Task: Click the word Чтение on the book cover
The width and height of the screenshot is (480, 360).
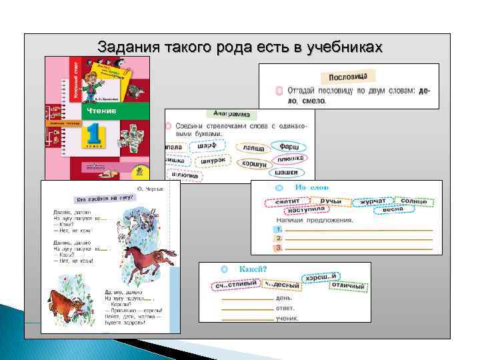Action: point(99,111)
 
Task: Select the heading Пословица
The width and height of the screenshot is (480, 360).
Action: point(349,77)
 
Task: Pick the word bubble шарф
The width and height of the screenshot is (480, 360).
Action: point(207,145)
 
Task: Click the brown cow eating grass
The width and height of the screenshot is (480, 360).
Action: point(66,307)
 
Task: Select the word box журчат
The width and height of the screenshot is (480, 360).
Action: point(373,201)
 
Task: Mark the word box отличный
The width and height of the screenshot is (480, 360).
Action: point(349,286)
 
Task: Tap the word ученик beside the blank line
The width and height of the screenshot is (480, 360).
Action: point(287,318)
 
